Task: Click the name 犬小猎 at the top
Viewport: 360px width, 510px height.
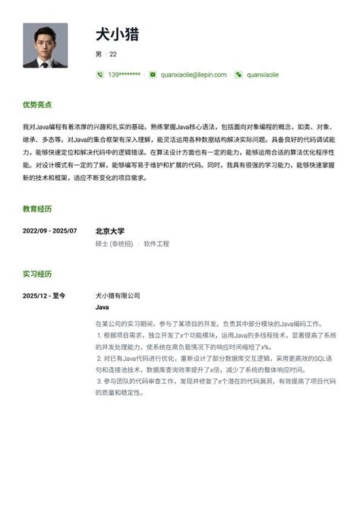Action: click(117, 34)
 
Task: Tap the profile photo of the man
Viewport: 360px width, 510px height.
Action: click(45, 46)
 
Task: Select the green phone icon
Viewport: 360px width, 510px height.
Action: click(100, 74)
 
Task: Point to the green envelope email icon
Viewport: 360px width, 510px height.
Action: click(153, 74)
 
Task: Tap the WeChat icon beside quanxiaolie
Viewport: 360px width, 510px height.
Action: click(238, 74)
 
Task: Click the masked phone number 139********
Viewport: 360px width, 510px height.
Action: click(124, 74)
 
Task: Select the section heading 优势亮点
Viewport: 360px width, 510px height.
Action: click(37, 104)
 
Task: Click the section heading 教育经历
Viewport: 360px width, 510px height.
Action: click(37, 208)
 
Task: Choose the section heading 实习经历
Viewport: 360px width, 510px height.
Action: click(37, 274)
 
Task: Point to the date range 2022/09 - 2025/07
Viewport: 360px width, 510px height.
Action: click(49, 230)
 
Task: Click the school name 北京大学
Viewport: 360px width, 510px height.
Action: click(110, 230)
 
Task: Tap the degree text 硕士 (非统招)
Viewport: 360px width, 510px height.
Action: click(114, 244)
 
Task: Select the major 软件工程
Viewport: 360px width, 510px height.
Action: click(156, 244)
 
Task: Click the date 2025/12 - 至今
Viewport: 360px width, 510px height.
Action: click(44, 295)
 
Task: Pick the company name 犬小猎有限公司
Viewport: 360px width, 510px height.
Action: click(118, 295)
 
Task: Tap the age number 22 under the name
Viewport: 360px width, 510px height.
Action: click(113, 54)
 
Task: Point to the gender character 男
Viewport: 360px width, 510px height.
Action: click(99, 54)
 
